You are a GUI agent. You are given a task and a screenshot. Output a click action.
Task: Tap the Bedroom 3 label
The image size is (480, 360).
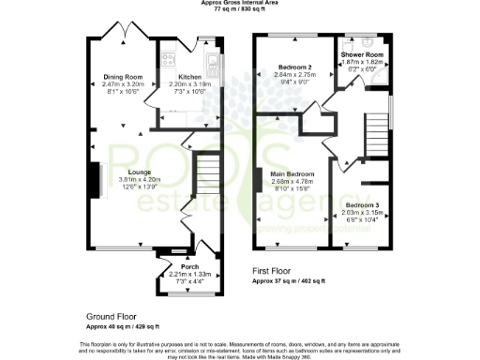pyautogui.click(x=363, y=205)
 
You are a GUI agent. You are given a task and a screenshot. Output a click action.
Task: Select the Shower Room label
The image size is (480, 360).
pyautogui.click(x=358, y=55)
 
